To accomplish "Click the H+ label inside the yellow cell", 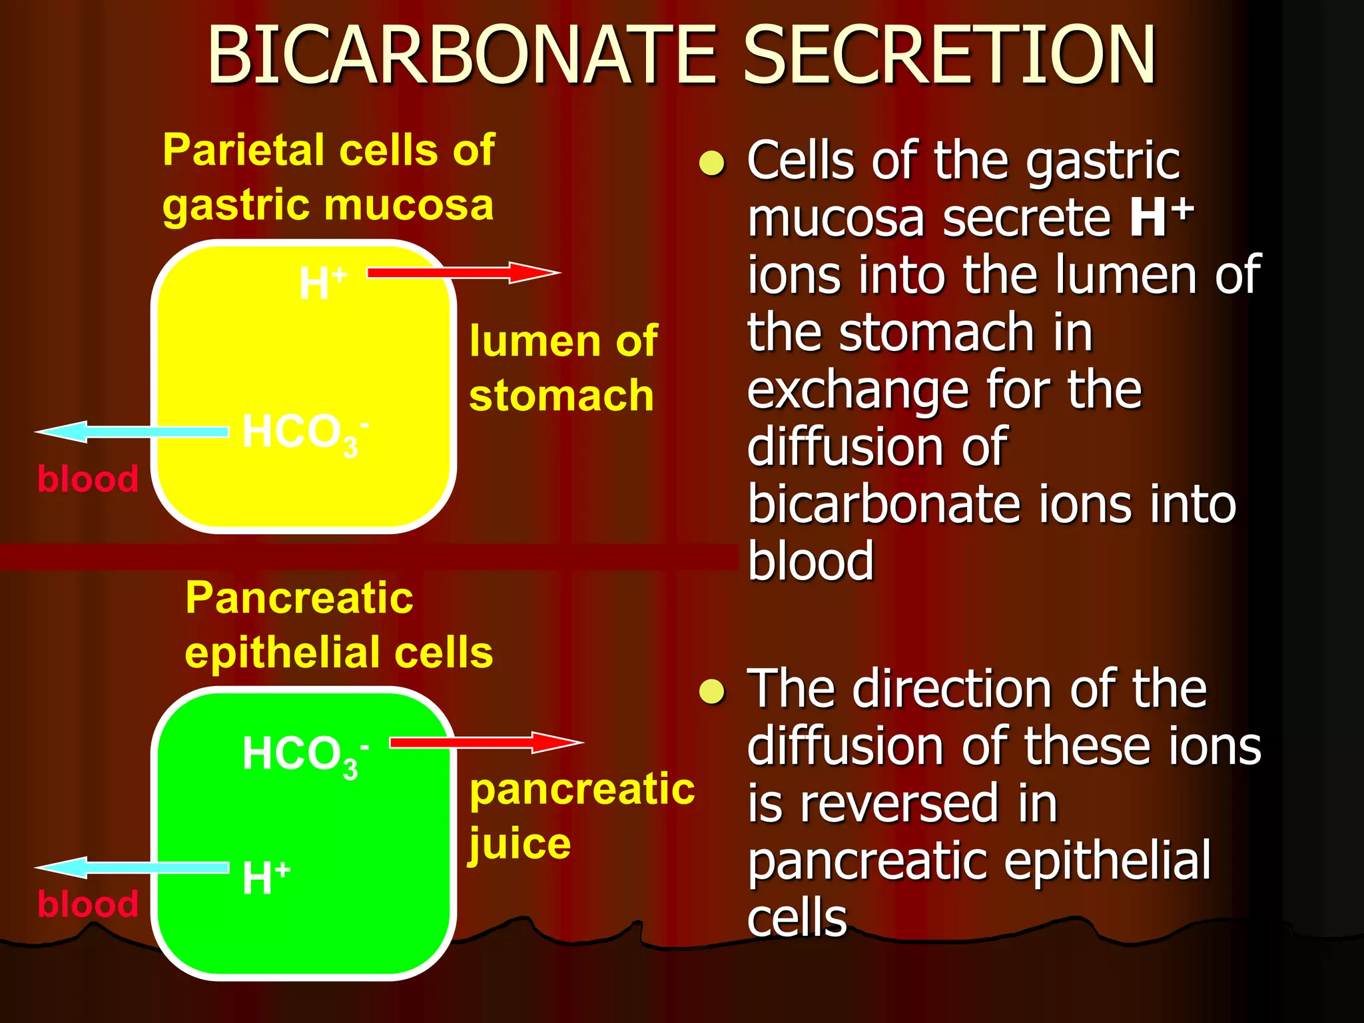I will pos(322,282).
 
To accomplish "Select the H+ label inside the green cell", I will pos(265,877).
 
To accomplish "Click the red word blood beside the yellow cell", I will pos(88,479).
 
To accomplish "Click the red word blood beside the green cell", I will pos(88,904).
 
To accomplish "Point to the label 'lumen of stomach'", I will pos(563,368).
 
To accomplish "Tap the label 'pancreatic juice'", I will pos(581,815).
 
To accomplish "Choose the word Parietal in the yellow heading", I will pos(243,150).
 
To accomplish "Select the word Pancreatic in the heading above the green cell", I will pos(299,597).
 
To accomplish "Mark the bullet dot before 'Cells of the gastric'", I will pos(712,163).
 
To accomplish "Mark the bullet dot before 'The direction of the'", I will pos(712,691).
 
